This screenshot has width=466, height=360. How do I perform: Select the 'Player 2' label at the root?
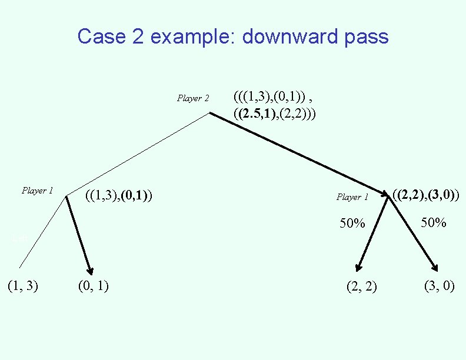(193, 98)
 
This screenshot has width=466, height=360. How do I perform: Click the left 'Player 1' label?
(38, 191)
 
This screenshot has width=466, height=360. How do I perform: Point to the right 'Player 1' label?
(352, 197)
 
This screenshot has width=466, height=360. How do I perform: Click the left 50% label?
(352, 224)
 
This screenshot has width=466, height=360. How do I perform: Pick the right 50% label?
(434, 223)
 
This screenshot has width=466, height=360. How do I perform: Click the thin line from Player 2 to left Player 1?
(138, 155)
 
